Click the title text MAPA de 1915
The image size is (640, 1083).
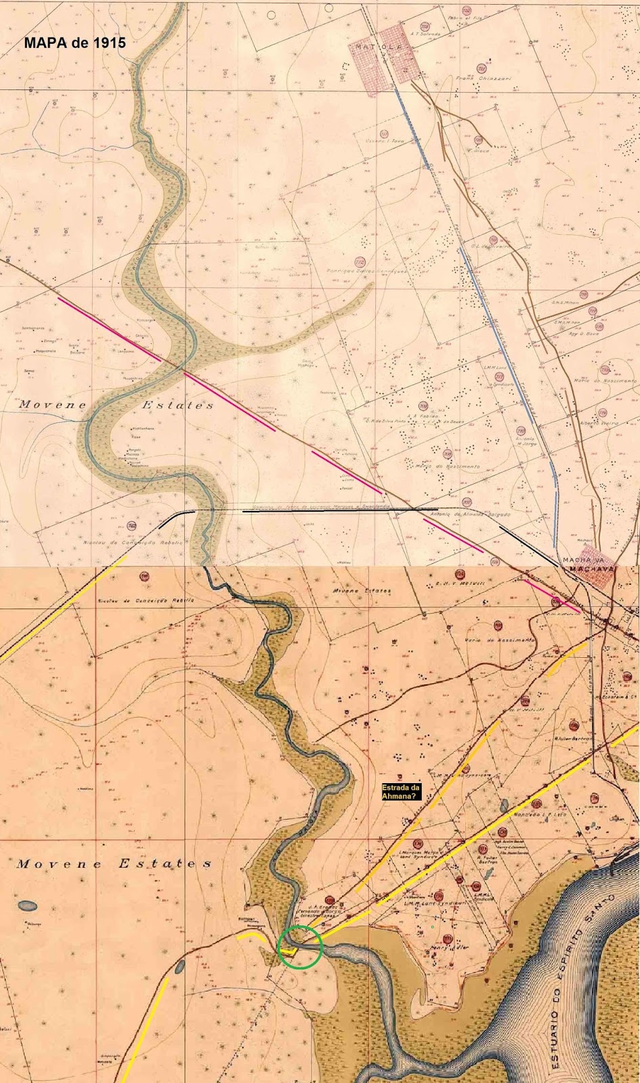point(74,41)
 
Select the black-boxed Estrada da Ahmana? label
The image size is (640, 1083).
point(402,792)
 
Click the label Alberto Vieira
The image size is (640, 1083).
point(600,422)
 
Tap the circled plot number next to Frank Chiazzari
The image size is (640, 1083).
point(482,69)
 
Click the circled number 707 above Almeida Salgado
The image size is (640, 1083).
point(466,502)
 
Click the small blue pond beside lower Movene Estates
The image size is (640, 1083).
point(28,904)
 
